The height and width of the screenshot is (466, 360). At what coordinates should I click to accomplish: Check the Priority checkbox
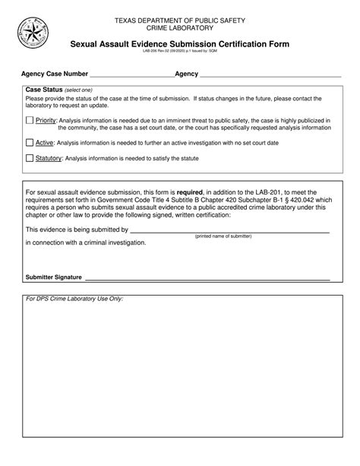pyautogui.click(x=30, y=120)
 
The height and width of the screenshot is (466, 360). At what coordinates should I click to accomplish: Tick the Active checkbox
pyautogui.click(x=30, y=141)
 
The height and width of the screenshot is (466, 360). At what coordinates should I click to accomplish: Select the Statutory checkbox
pyautogui.click(x=30, y=158)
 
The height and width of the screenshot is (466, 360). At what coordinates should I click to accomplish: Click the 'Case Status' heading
pyautogui.click(x=43, y=90)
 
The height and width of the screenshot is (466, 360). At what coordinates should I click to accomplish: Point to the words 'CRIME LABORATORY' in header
pyautogui.click(x=179, y=27)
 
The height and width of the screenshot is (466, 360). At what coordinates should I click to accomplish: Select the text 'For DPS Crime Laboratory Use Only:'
pyautogui.click(x=74, y=299)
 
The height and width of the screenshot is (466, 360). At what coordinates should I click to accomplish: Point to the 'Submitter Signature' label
pyautogui.click(x=53, y=277)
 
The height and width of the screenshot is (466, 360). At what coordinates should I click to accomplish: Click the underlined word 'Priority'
pyautogui.click(x=46, y=120)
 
